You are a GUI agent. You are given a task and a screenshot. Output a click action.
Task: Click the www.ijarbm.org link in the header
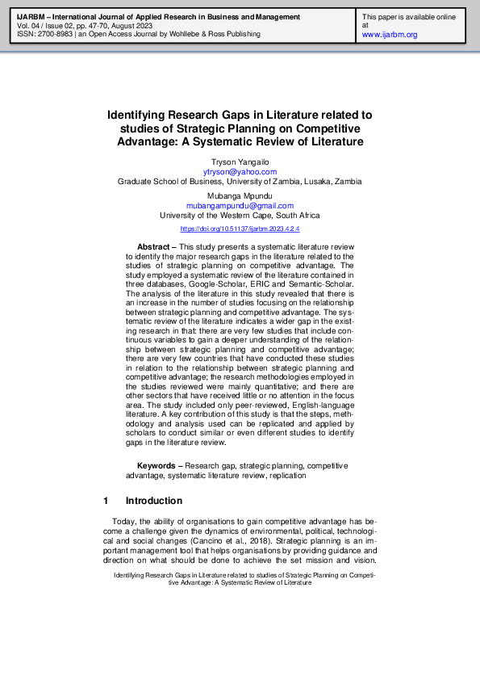(390, 35)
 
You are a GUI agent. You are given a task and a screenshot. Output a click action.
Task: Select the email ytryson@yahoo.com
(240, 172)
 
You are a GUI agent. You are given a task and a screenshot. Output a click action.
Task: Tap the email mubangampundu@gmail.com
(240, 206)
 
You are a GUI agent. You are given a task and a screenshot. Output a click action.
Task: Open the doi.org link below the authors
(240, 229)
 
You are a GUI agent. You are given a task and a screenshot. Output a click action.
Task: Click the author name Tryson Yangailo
(240, 162)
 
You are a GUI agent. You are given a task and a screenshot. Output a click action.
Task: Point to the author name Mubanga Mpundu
(240, 196)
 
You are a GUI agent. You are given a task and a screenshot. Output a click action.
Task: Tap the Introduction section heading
(153, 501)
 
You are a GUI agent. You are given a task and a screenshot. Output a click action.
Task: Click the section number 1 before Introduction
(106, 501)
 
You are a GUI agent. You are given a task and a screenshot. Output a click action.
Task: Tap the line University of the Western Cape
(240, 216)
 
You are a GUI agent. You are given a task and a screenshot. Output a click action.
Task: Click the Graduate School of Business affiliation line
(240, 182)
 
